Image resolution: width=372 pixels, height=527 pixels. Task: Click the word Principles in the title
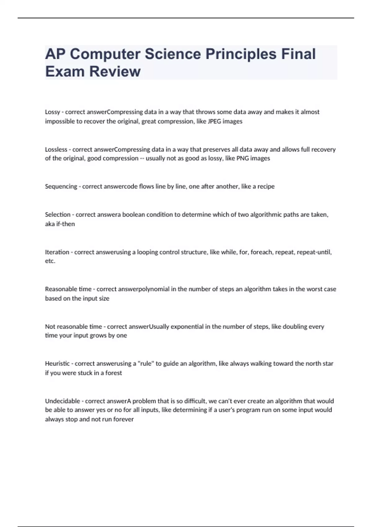241,54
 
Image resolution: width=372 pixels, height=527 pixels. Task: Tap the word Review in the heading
115,72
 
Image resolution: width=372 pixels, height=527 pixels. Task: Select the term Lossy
52,112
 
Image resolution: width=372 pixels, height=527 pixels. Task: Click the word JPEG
214,121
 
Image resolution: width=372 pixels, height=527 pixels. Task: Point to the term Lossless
56,149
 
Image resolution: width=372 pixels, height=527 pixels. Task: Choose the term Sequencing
61,186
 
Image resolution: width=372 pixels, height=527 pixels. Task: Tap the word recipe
266,186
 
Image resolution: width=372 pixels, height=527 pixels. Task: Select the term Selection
58,215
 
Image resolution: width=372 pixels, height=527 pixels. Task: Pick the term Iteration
57,252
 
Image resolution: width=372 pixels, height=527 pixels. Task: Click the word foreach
261,252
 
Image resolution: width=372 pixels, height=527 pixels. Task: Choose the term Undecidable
62,401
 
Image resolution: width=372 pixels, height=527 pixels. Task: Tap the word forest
113,373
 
